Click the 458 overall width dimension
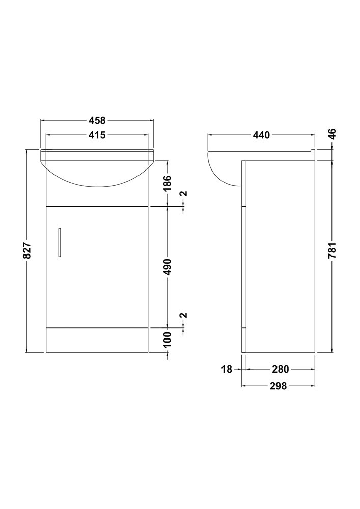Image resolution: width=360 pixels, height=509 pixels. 97,120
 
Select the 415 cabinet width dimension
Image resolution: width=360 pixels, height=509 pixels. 97,135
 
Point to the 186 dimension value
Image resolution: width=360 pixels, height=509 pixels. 167,183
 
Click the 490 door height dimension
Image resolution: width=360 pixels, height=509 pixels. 167,267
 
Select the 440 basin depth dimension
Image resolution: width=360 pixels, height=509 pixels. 261,135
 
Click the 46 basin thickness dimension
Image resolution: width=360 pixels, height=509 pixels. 332,134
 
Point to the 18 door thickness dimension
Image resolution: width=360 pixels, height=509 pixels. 227,369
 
